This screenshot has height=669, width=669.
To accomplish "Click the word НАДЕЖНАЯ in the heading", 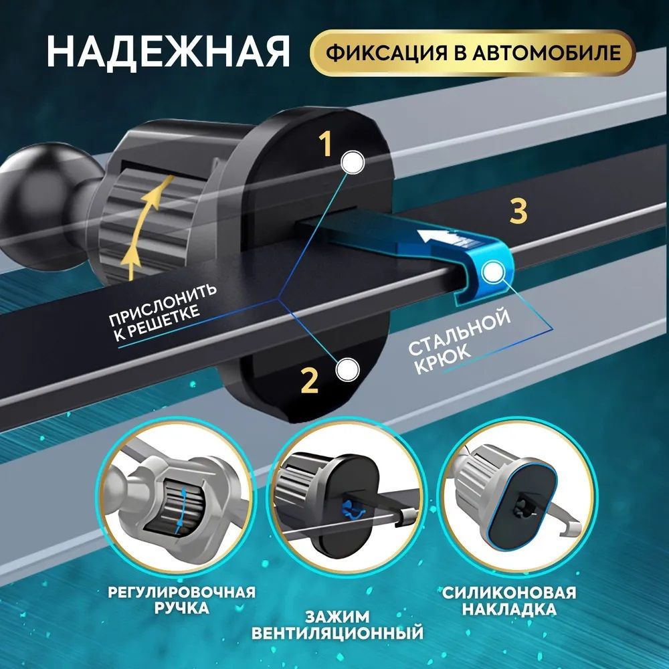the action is click(x=169, y=52).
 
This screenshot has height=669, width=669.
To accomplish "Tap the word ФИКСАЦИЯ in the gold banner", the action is click(x=386, y=53).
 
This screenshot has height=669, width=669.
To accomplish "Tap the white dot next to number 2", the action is click(x=347, y=370).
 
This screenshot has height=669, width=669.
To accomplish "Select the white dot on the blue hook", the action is click(x=494, y=273).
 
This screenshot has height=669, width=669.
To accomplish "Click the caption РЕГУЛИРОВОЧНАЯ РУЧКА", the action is click(x=181, y=599).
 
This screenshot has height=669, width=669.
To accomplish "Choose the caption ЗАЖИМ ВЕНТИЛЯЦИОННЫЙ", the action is click(x=337, y=625).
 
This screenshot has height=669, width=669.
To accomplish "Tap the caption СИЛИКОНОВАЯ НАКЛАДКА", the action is click(x=509, y=600).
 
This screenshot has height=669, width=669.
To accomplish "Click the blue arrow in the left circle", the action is click(x=182, y=510).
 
